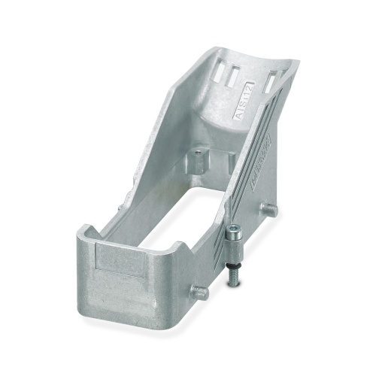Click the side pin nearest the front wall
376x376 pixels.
coord(197,290)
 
